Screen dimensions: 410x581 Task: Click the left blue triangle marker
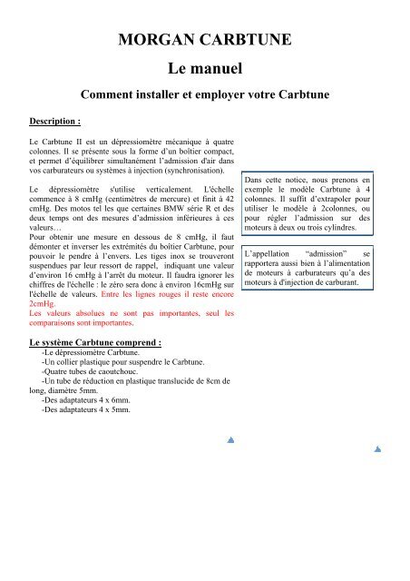(x=231, y=439)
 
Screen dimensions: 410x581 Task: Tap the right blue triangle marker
(x=377, y=448)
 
